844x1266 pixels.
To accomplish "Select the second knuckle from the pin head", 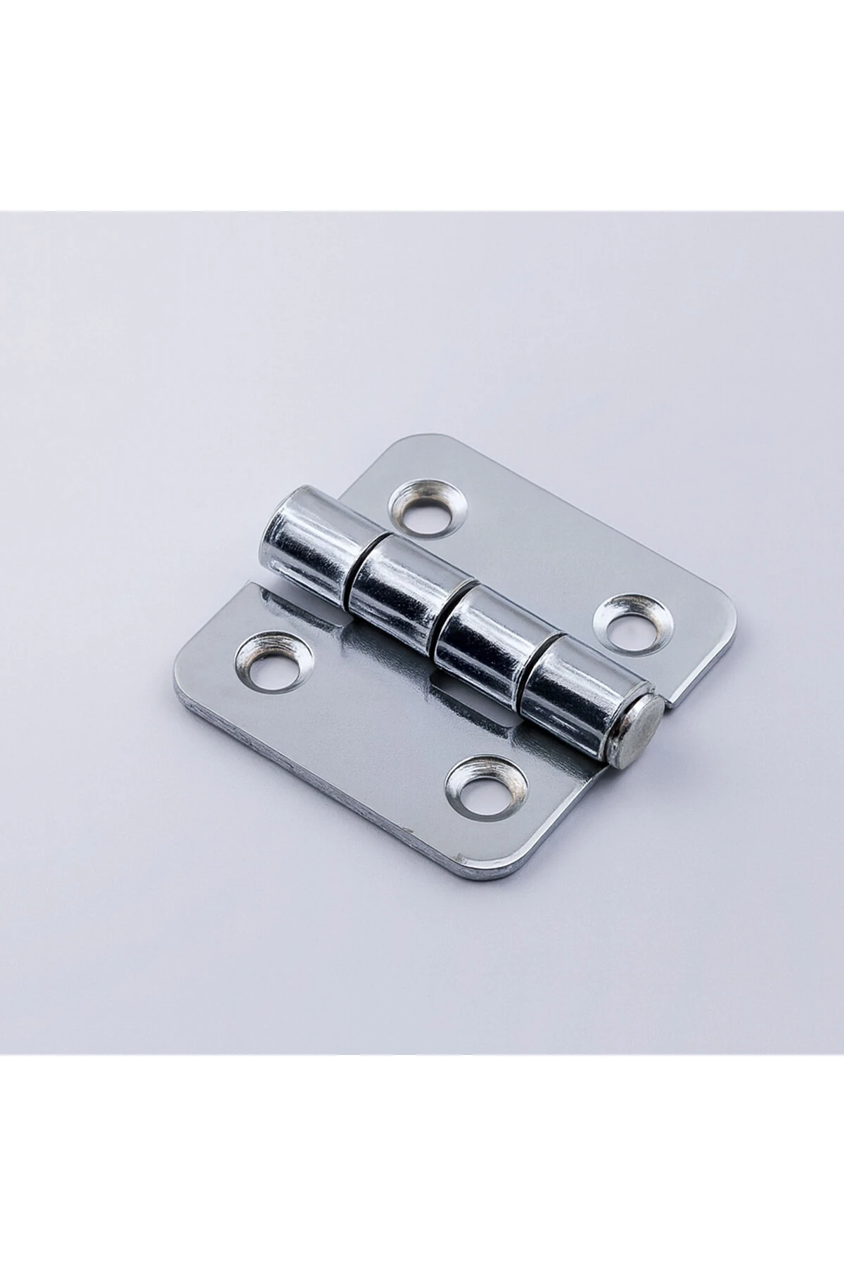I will tap(485, 636).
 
